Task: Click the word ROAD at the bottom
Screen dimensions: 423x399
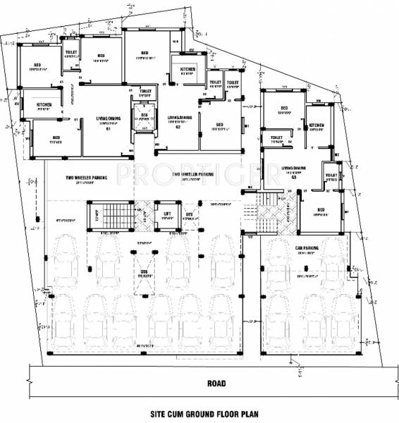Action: click(x=216, y=384)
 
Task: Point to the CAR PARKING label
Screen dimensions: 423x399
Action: click(x=307, y=248)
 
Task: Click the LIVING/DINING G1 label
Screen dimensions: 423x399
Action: click(x=109, y=121)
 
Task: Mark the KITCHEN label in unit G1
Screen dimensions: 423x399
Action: click(x=44, y=105)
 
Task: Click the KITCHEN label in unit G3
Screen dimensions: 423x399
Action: click(x=317, y=125)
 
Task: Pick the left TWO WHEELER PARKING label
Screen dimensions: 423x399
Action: click(x=86, y=178)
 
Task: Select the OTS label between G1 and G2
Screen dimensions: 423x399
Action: click(x=144, y=114)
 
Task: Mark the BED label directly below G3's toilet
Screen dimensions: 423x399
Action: click(x=321, y=210)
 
